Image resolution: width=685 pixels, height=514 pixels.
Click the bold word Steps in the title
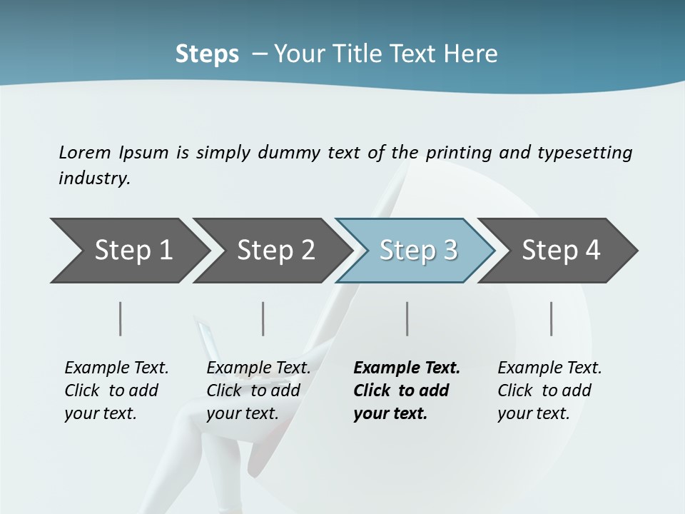click(207, 54)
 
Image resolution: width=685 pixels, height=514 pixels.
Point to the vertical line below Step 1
click(121, 318)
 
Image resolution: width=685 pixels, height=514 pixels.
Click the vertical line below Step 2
click(263, 318)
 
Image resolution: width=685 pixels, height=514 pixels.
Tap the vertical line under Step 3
click(407, 318)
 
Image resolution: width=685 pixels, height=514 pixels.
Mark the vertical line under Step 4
click(552, 318)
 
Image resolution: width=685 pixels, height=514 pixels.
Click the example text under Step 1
click(116, 390)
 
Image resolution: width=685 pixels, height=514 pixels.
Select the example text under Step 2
click(258, 390)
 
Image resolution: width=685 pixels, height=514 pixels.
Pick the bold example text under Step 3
click(407, 390)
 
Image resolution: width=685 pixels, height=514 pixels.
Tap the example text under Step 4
click(549, 390)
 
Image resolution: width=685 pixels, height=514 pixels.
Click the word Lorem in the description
click(85, 152)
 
